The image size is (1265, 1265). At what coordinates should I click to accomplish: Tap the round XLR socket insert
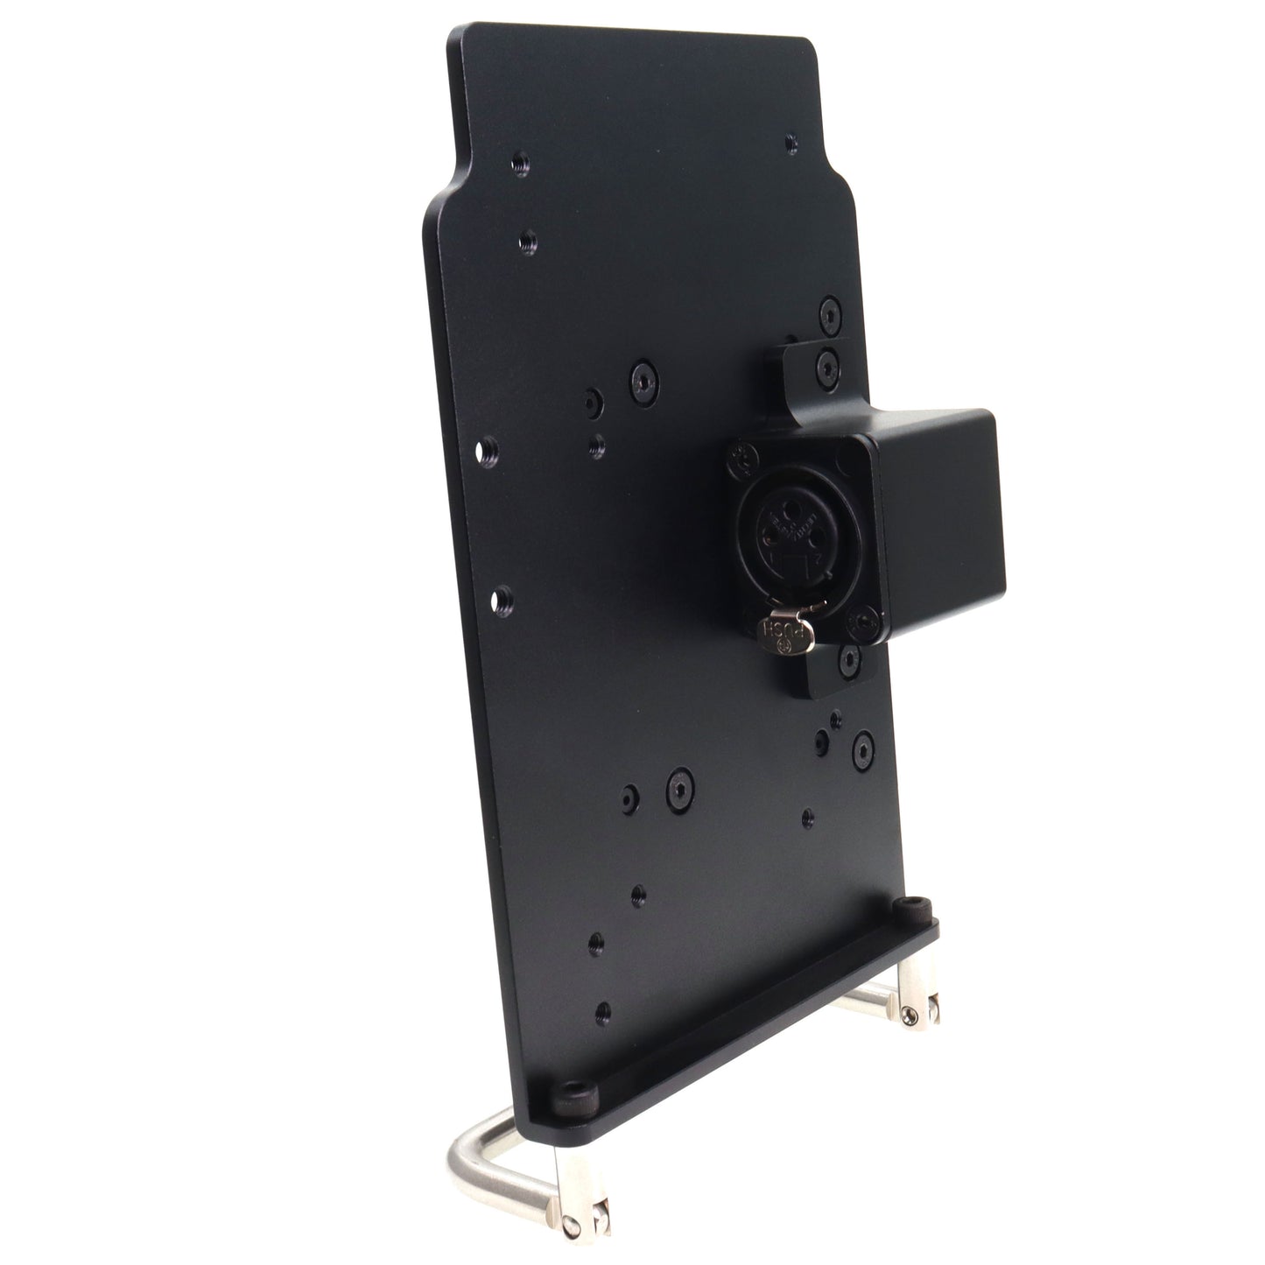coord(791,539)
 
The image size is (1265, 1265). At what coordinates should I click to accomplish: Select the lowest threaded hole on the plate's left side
coord(602,1015)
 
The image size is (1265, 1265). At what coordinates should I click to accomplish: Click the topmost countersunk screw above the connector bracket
coord(828,313)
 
